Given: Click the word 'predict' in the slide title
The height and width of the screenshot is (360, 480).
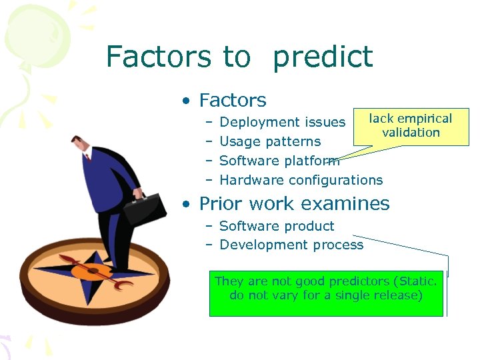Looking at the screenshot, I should click(323, 57).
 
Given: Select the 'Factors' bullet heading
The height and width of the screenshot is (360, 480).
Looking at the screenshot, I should click(233, 100).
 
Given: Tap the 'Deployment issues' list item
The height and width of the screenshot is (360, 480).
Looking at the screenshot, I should click(282, 122).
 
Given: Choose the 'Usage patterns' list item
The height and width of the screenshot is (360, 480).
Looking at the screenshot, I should click(270, 141).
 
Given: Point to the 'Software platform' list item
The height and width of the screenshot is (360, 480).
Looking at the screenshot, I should click(279, 161).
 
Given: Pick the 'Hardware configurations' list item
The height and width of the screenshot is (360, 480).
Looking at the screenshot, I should click(301, 180).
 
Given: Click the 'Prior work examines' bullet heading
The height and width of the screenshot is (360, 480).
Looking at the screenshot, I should click(294, 203).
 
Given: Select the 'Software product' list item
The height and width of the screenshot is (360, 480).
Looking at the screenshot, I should click(277, 226).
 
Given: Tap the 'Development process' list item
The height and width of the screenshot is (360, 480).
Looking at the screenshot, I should click(291, 245).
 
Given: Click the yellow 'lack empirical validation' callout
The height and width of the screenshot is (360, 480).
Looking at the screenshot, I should click(411, 125).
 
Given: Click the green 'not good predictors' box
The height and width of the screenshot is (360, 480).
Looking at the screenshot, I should click(326, 293).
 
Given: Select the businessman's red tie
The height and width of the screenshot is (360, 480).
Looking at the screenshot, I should click(87, 158).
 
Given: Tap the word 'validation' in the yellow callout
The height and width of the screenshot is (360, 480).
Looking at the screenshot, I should click(411, 132).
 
